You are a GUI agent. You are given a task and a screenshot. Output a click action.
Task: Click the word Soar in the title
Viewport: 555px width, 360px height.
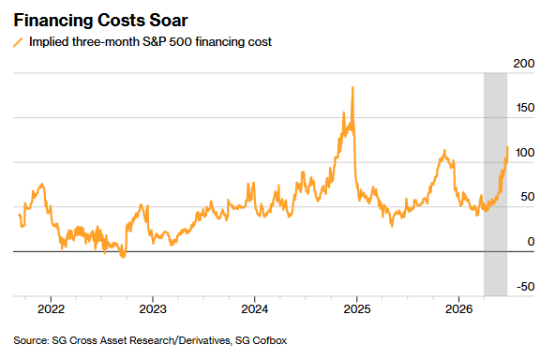tap(168, 21)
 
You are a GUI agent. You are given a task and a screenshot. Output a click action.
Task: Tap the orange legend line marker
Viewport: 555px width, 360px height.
tap(18, 42)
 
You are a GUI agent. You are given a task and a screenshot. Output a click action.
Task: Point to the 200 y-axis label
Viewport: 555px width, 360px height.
tap(523, 64)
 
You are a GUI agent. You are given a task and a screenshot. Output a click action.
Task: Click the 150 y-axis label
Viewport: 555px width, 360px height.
tap(525, 108)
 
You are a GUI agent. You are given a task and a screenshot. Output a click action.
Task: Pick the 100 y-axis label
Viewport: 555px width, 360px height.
tap(525, 153)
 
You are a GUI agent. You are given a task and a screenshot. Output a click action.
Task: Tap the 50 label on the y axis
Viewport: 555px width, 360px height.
tap(528, 197)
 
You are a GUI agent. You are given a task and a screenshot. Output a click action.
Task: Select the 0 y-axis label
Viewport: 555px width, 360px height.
tap(531, 242)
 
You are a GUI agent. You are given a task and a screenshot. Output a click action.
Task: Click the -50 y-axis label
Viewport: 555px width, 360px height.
tap(525, 286)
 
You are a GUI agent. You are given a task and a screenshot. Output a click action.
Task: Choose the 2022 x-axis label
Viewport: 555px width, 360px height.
tap(51, 309)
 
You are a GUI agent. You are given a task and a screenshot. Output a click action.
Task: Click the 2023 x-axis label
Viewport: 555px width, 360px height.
tap(153, 309)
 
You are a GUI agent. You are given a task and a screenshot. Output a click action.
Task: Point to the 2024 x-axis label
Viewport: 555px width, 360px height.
tap(254, 309)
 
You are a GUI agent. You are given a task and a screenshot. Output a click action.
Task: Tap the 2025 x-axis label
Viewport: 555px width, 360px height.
tap(357, 309)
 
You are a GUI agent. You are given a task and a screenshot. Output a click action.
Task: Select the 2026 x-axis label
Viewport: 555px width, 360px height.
tap(458, 309)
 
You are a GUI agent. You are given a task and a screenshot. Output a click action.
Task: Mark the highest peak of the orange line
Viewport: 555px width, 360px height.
tap(352, 87)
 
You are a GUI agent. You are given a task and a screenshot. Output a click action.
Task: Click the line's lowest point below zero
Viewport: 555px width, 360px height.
tap(123, 257)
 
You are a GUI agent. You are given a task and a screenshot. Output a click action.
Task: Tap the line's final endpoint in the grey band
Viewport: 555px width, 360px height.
tap(507, 147)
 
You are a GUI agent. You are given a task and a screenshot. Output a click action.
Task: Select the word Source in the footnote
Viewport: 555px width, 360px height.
tap(31, 340)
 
